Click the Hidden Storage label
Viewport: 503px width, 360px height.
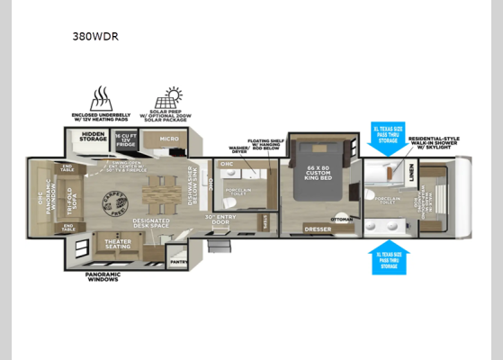(93, 138)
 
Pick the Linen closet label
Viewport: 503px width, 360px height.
(411, 175)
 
